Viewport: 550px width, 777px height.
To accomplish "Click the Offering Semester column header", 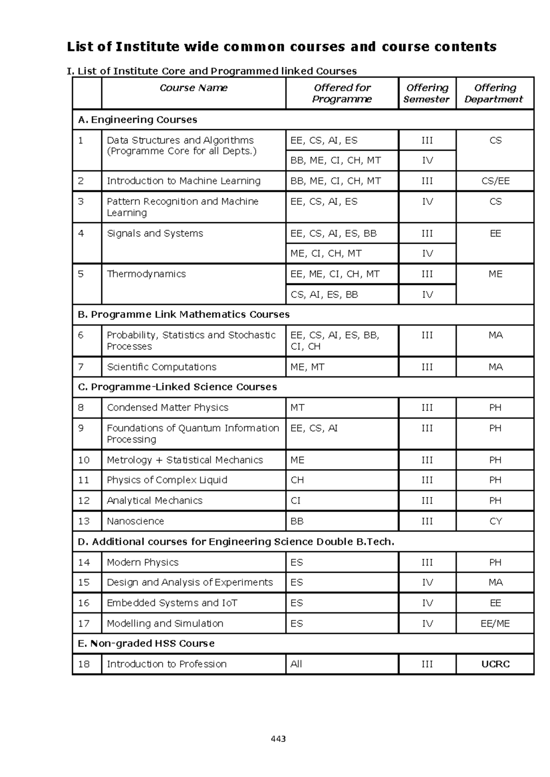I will (427, 93).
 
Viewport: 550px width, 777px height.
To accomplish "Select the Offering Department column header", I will (495, 93).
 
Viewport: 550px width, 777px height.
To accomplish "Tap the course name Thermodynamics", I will (146, 274).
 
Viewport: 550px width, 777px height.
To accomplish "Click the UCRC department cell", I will (495, 664).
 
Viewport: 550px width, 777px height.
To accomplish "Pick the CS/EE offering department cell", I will (495, 181).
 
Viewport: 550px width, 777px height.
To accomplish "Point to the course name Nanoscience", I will (135, 521).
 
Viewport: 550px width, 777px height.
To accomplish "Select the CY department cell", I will (495, 521).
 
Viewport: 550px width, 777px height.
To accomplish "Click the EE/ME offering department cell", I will (495, 624).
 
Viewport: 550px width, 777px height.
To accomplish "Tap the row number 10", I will (84, 460).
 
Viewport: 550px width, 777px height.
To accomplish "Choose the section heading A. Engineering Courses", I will (137, 120).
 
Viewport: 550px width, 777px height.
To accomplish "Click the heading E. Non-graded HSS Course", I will (146, 644).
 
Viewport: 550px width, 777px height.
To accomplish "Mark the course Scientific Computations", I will (161, 367).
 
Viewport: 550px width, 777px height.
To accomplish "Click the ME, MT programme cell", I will (308, 367).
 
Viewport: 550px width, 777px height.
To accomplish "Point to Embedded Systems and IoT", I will (172, 603).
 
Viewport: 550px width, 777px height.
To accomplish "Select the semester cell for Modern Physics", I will (427, 562).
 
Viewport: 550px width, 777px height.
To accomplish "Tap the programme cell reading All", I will (296, 664).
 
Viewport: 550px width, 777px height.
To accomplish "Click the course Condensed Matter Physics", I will (167, 408).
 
